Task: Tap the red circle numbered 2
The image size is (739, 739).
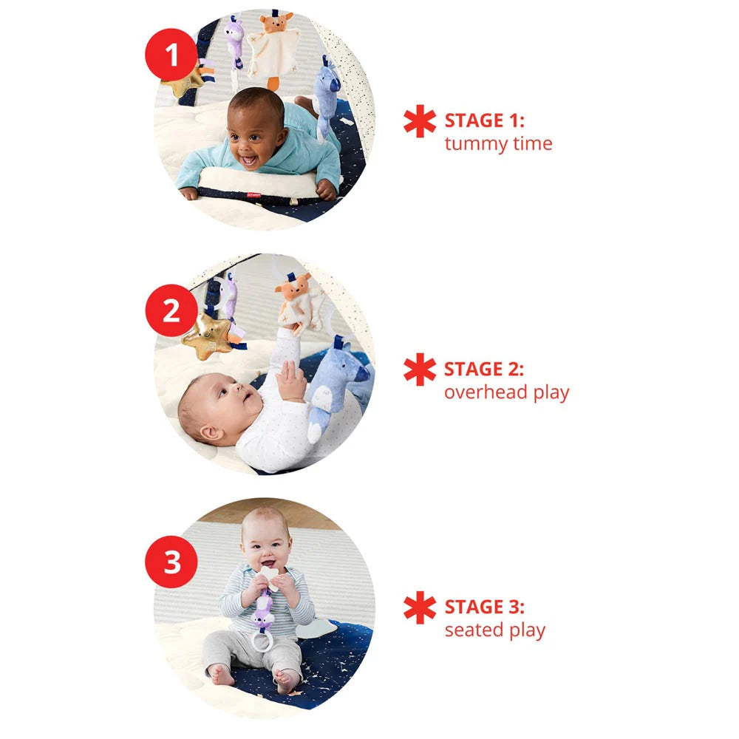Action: [x=171, y=310]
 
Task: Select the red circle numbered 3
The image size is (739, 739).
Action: [x=171, y=563]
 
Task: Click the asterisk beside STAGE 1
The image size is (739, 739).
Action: [x=420, y=122]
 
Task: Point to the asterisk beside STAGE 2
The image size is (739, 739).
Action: [x=420, y=369]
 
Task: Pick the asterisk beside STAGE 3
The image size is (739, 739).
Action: [x=420, y=608]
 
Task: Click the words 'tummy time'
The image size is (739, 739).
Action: [x=498, y=143]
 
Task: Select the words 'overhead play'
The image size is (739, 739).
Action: [x=506, y=392]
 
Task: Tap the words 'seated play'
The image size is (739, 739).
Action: [x=494, y=630]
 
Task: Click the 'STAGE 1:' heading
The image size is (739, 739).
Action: [x=483, y=120]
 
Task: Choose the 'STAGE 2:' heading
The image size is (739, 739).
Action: [x=483, y=368]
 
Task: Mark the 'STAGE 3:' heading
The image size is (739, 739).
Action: [x=484, y=607]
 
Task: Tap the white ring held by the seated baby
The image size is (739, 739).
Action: [x=264, y=640]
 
